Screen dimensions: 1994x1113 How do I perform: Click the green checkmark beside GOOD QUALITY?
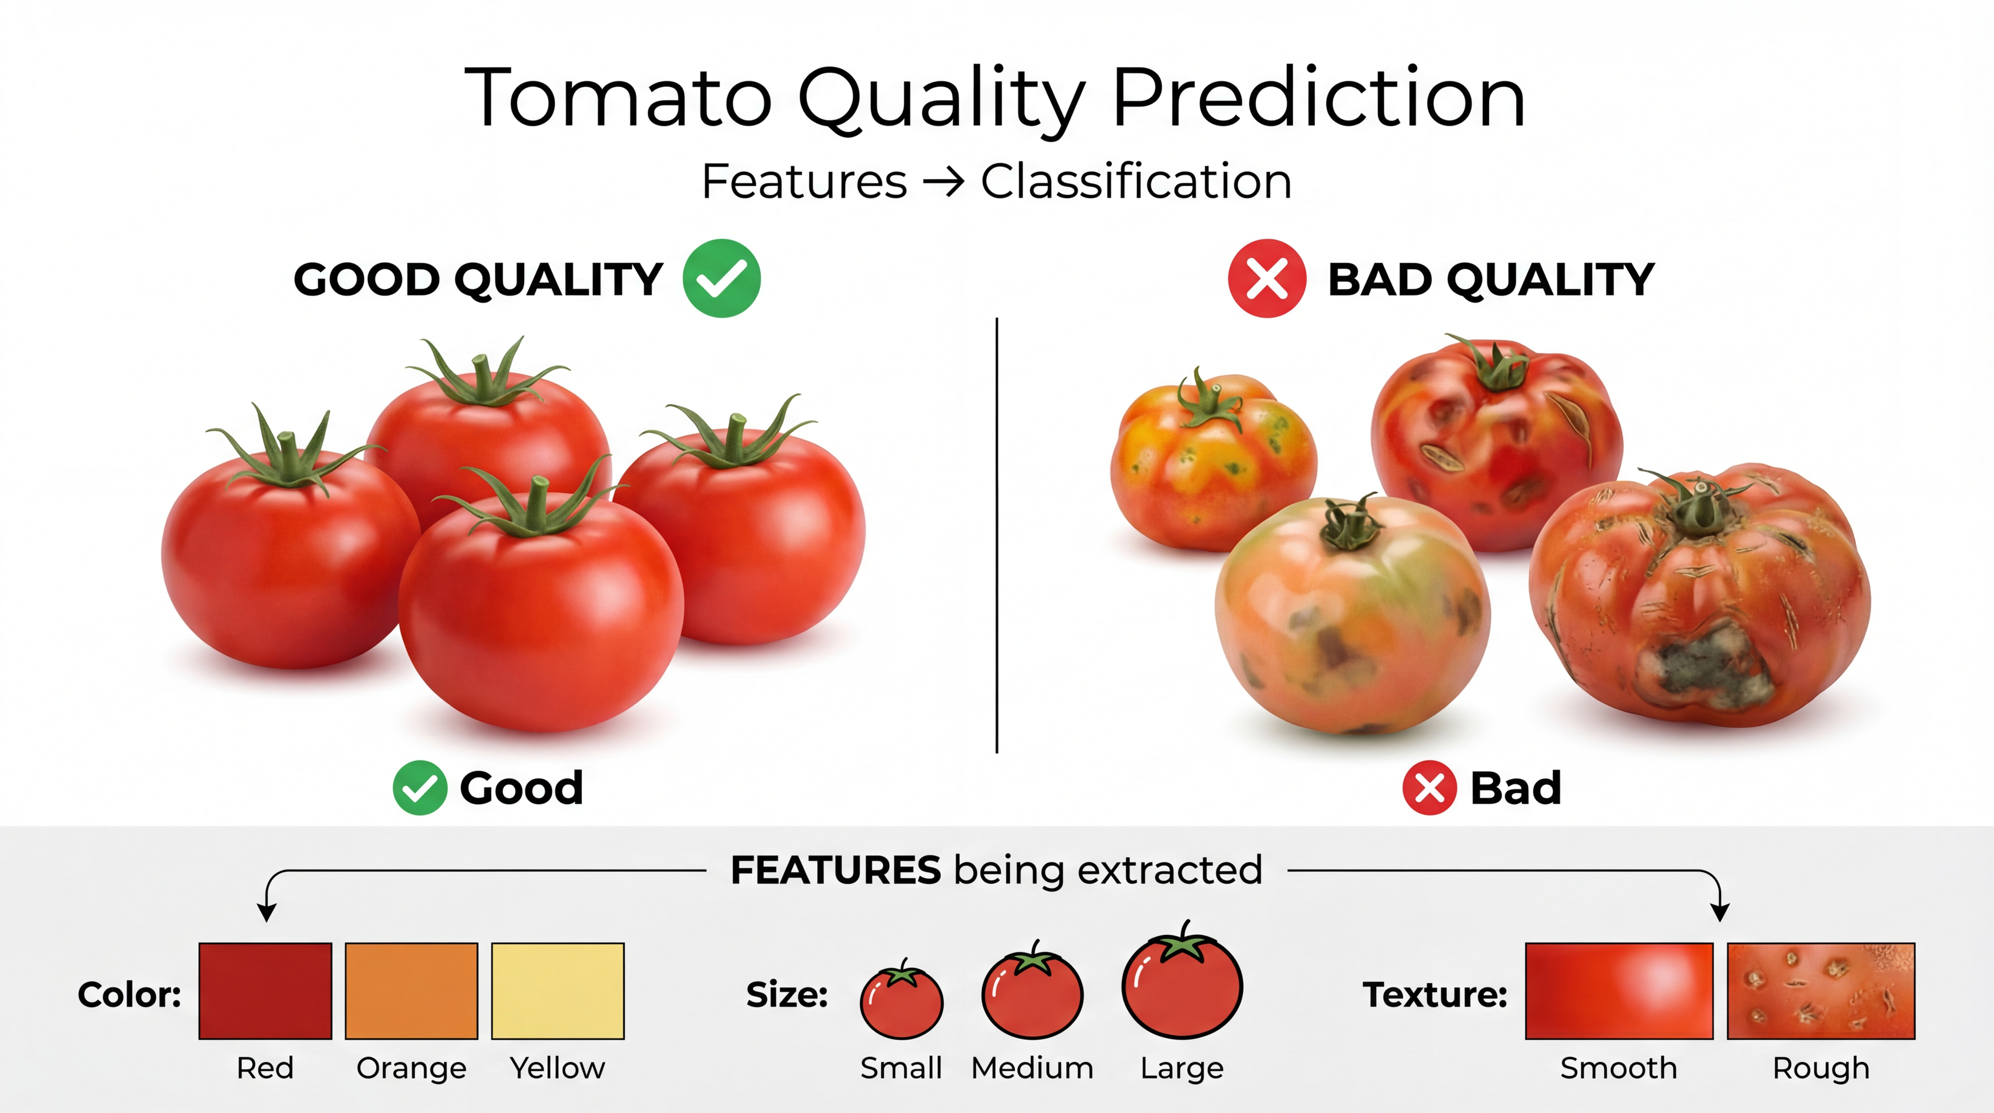pyautogui.click(x=721, y=279)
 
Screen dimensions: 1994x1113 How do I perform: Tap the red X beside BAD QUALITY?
pyautogui.click(x=1267, y=279)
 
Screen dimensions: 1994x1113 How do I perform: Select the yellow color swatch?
pyautogui.click(x=557, y=991)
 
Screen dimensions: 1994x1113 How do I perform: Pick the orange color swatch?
pyautogui.click(x=411, y=991)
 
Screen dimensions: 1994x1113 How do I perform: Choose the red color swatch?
pyautogui.click(x=266, y=991)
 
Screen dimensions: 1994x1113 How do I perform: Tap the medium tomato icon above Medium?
pyautogui.click(x=1033, y=991)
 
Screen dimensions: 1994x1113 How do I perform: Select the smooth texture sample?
pyautogui.click(x=1619, y=991)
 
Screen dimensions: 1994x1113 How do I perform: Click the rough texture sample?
pyautogui.click(x=1820, y=991)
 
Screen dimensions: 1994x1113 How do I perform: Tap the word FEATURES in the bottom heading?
pyautogui.click(x=836, y=870)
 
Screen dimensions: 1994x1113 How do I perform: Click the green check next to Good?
pyautogui.click(x=420, y=788)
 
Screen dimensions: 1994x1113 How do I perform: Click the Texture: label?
pyautogui.click(x=1435, y=995)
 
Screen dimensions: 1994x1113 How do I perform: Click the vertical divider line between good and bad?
pyautogui.click(x=997, y=535)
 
